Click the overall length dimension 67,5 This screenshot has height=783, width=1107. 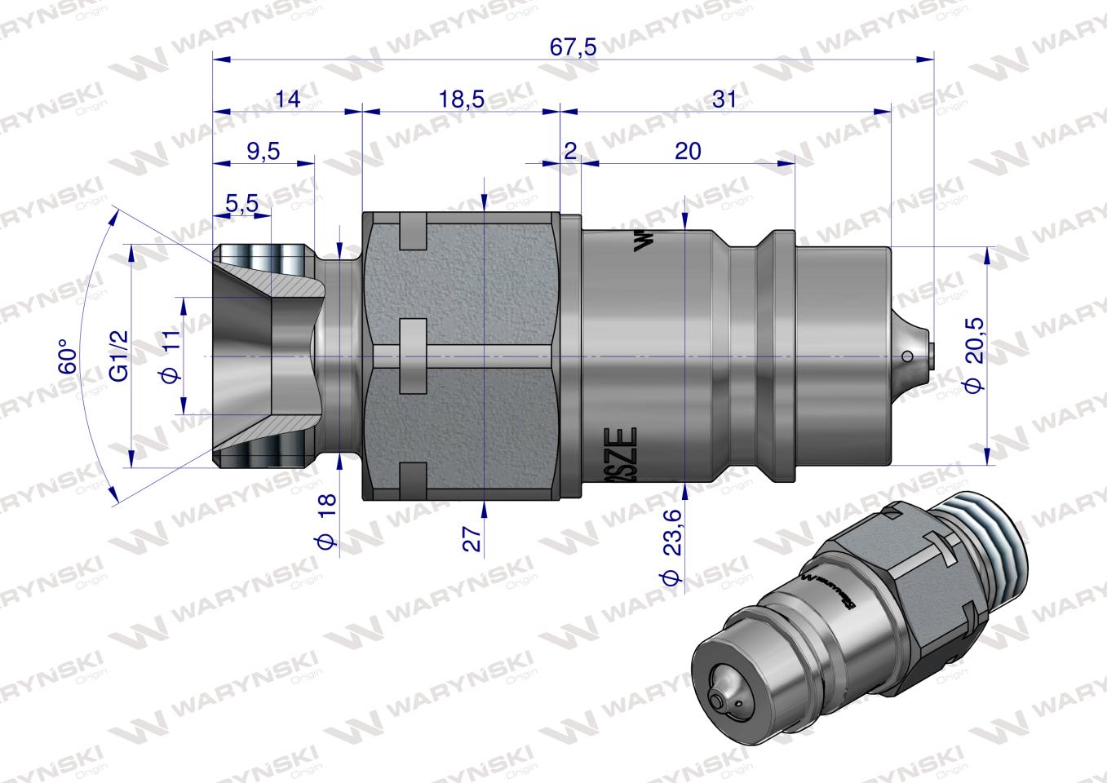[573, 46]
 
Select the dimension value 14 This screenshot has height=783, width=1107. [287, 100]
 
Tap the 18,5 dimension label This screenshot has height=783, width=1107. [461, 100]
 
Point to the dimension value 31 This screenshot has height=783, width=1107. [724, 100]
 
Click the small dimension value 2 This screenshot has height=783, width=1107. [570, 151]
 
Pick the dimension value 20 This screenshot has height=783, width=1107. [689, 151]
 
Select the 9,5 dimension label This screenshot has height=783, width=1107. [262, 151]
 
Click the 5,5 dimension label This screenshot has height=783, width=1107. [242, 203]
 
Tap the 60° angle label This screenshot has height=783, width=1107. [69, 356]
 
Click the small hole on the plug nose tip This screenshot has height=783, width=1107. [907, 356]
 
